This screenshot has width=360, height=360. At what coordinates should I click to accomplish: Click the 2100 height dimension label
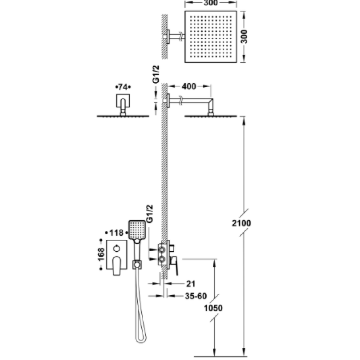pos(241,223)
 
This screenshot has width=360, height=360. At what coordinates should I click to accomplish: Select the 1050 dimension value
pos(213,308)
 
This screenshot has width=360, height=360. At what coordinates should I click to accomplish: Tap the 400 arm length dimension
pos(189,86)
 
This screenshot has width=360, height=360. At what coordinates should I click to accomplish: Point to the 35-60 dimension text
pos(196,296)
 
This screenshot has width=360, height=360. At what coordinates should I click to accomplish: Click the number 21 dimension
pos(190,284)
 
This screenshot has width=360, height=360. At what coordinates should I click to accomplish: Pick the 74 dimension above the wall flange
pos(123,87)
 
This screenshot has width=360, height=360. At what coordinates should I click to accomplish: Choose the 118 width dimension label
pos(116,233)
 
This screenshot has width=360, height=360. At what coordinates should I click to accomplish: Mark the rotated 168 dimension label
pos(101,255)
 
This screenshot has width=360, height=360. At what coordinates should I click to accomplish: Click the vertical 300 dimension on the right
pos(244,36)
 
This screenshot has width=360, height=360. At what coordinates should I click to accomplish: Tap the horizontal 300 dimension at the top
pos(211,3)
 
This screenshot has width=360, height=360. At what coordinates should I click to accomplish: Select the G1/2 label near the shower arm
pos(156,74)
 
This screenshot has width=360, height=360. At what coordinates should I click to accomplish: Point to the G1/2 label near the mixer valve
pos(149,214)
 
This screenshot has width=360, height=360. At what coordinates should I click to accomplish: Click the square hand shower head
pos(137,230)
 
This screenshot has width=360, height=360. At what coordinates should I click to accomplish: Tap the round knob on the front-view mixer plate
pos(117,248)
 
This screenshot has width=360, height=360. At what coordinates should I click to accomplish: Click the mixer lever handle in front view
pos(117,265)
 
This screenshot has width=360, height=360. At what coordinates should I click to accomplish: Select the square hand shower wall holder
pos(137,265)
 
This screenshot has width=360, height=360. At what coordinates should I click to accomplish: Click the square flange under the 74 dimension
pos(123,100)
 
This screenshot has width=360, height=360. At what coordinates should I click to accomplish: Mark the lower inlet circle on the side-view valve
pos(162,259)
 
